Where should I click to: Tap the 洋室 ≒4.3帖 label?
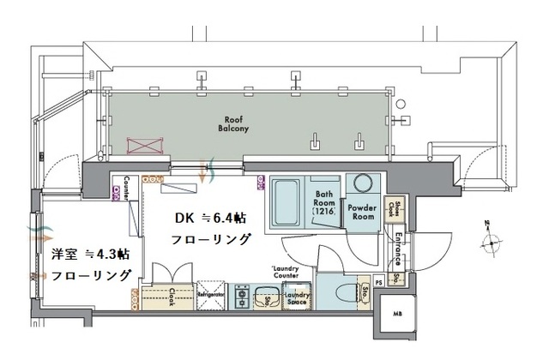[90, 255]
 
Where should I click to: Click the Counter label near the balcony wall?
[127, 186]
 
